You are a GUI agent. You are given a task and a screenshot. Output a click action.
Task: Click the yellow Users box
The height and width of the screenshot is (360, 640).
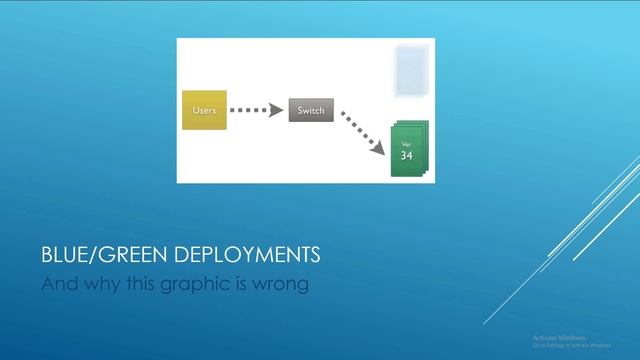(x=203, y=110)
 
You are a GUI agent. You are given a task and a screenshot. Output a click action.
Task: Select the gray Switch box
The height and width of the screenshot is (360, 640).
(x=311, y=110)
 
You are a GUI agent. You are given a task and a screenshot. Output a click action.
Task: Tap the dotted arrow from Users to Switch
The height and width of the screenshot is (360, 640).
(x=256, y=110)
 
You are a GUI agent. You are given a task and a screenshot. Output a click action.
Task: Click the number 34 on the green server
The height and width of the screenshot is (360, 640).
(x=406, y=156)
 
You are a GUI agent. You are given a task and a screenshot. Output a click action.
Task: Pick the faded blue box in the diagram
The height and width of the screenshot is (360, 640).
(x=411, y=70)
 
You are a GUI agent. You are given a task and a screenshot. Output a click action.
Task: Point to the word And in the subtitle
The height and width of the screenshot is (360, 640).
(x=56, y=284)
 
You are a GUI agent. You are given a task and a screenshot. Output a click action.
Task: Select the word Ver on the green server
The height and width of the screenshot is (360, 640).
(x=406, y=145)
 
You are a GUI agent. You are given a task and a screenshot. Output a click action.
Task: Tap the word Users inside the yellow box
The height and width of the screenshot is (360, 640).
(x=203, y=110)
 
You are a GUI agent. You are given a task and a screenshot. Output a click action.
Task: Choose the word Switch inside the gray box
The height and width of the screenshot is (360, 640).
(x=311, y=110)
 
